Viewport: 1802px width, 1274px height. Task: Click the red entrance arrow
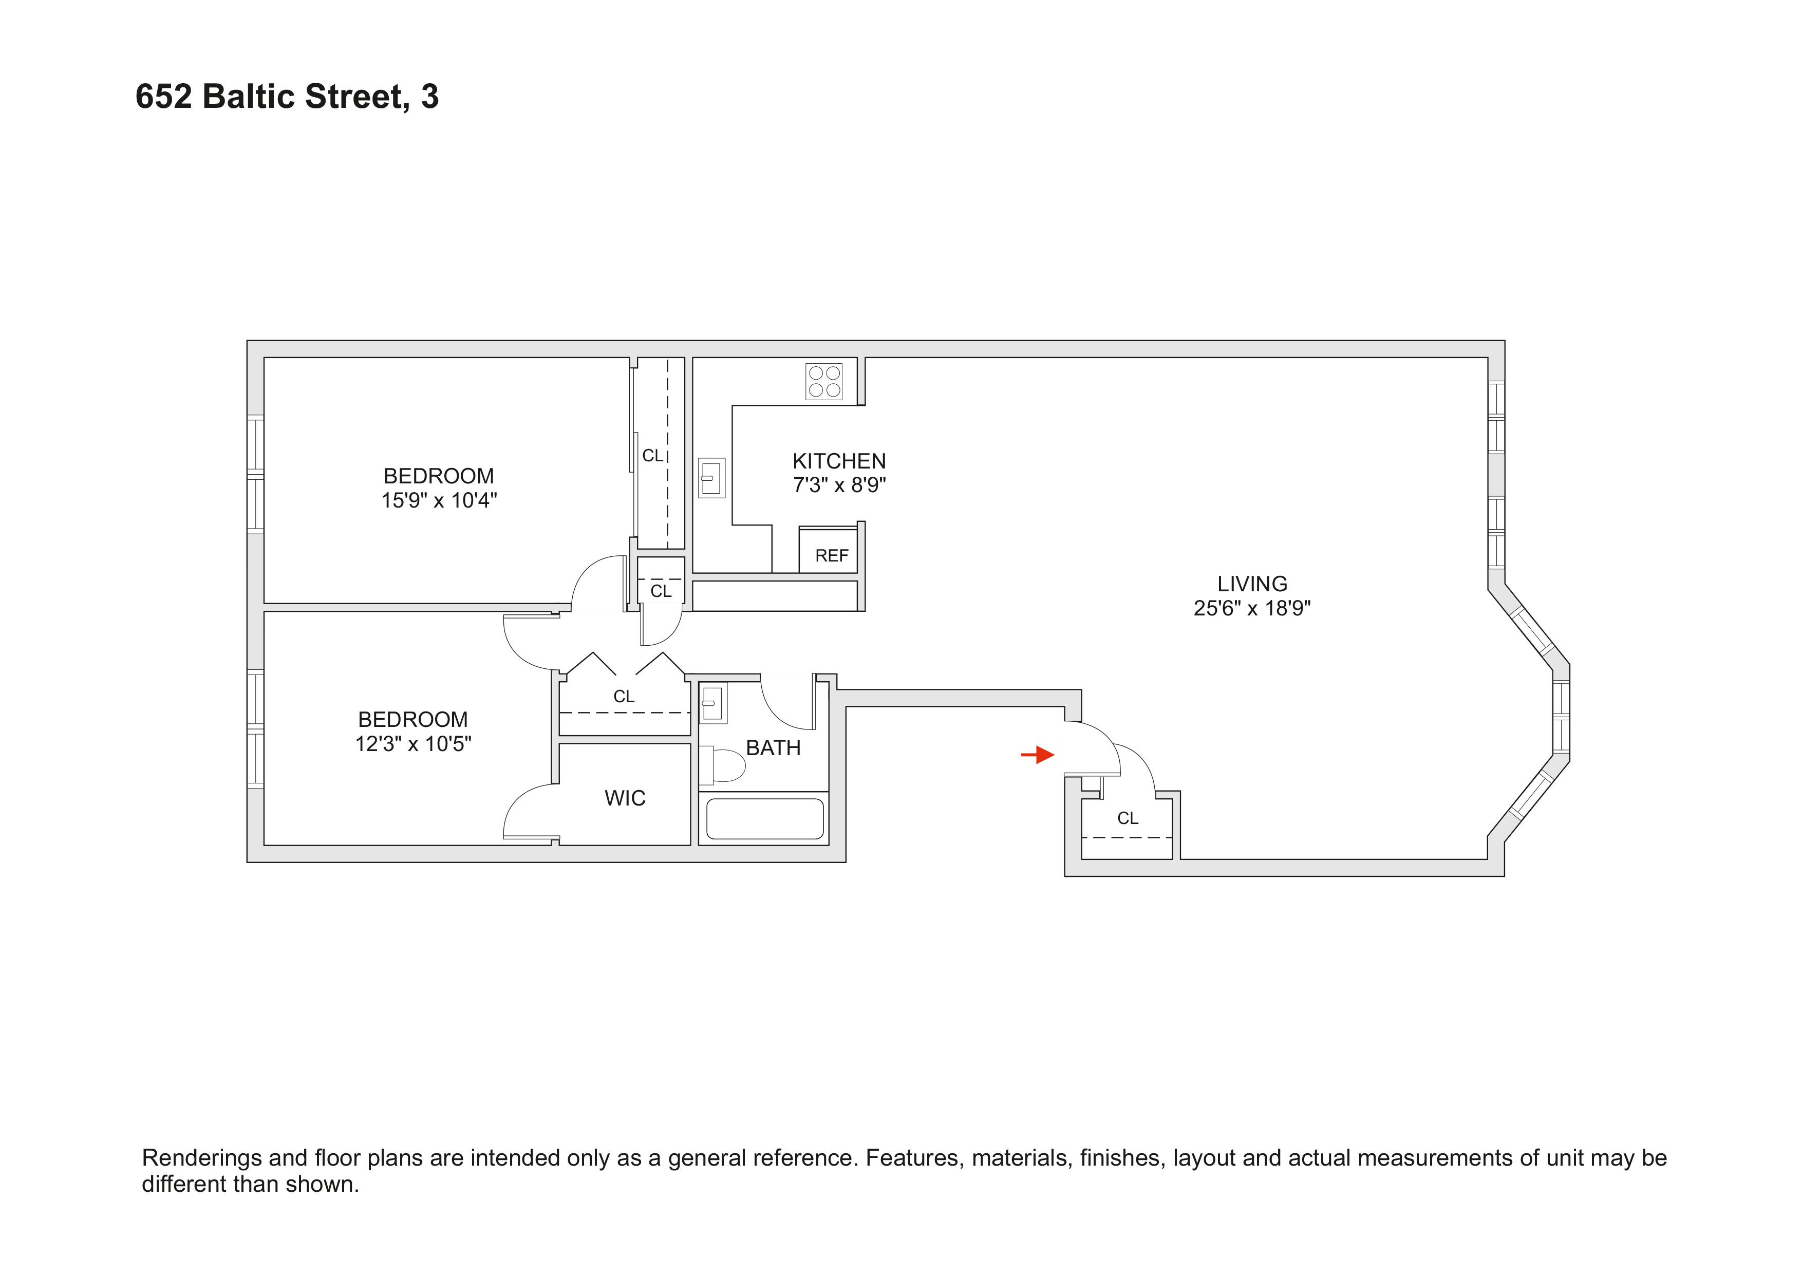[1038, 755]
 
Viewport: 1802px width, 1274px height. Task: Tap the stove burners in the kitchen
[824, 382]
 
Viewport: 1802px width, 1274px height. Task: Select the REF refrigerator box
[830, 554]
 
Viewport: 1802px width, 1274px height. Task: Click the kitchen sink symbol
[711, 477]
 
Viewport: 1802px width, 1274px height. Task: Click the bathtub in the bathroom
[764, 819]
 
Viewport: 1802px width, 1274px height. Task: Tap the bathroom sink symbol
[712, 703]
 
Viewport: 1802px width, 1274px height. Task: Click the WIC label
[625, 798]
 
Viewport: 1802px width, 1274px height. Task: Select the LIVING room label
[1252, 584]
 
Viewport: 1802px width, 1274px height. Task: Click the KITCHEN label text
[839, 461]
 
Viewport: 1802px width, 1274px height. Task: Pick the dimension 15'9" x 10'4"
[439, 501]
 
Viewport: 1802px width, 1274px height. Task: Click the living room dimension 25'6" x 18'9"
[1252, 608]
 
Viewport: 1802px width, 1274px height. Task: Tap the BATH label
[773, 748]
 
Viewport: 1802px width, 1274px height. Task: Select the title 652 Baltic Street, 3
[287, 97]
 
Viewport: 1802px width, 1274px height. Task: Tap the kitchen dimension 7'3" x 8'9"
[839, 485]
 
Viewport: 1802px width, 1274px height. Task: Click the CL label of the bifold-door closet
[624, 696]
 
